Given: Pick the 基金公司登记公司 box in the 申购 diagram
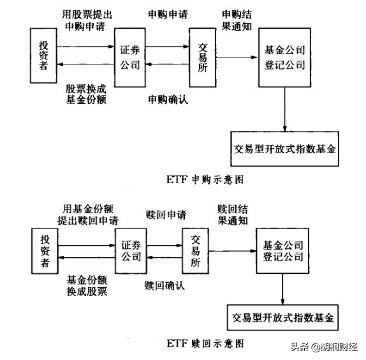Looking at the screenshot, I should [284, 58].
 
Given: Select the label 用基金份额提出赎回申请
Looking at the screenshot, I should [90, 214].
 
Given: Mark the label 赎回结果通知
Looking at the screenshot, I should [237, 214].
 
